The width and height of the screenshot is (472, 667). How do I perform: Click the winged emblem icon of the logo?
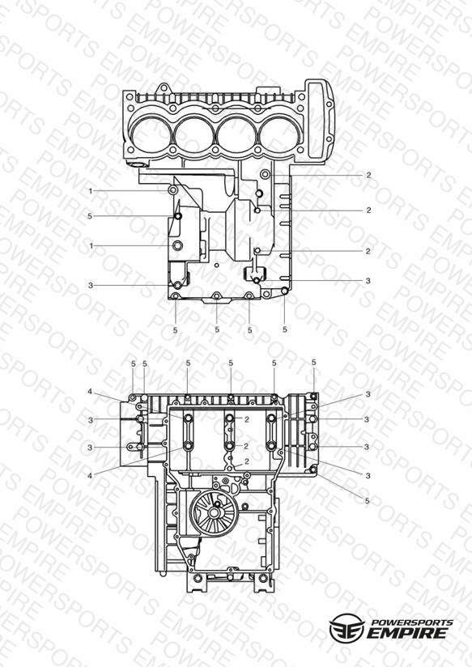coord(347,627)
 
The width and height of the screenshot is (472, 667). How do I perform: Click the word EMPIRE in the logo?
coord(407,633)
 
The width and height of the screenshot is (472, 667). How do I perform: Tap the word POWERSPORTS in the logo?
coord(412,622)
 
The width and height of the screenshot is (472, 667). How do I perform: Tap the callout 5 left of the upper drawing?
coord(90,216)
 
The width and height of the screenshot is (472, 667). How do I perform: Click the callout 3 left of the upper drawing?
coord(90,286)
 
